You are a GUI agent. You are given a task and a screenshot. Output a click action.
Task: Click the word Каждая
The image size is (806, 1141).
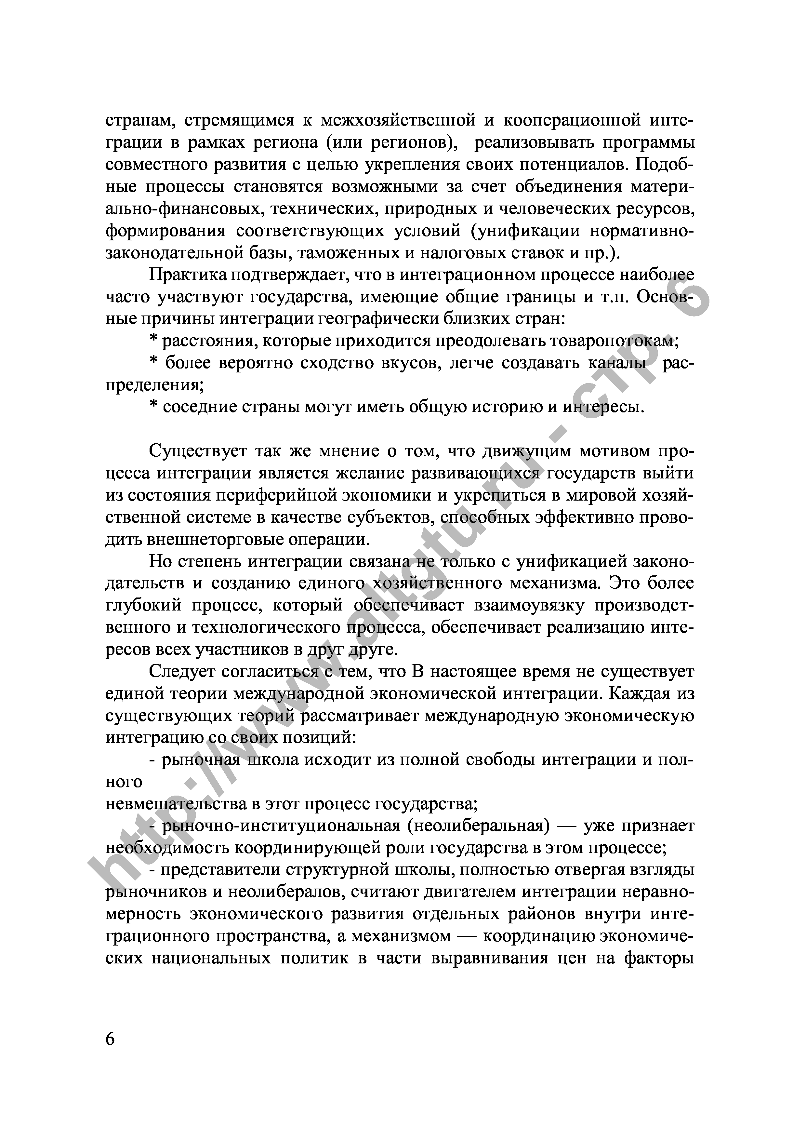tap(632, 694)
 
